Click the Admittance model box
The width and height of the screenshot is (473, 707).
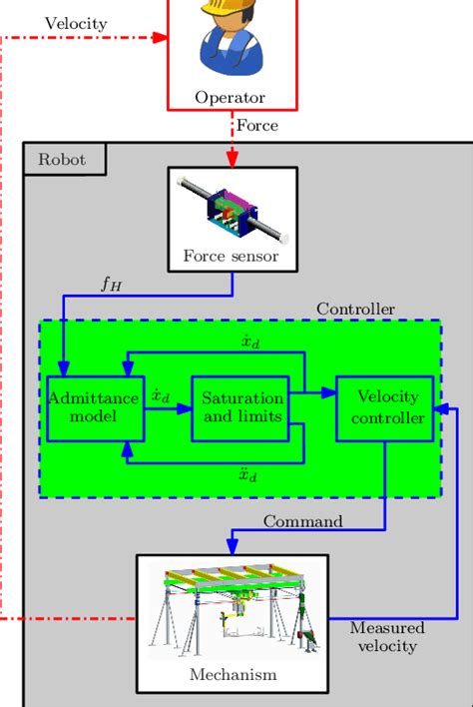point(95,407)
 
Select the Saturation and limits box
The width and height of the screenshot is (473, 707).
point(239,407)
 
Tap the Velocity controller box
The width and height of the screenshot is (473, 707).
point(384,407)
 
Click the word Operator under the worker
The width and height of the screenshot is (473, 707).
point(231,98)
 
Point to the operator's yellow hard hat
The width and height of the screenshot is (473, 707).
point(231,8)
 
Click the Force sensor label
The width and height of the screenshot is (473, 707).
point(231,256)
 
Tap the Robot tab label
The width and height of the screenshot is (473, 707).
point(62,159)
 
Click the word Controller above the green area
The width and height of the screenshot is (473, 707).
point(355,309)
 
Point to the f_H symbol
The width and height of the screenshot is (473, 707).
point(112,283)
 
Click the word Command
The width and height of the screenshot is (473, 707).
point(303,520)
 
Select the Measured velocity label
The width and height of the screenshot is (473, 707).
point(387,637)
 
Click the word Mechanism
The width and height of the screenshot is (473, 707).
point(233,675)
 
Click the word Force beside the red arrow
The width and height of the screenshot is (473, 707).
point(256,126)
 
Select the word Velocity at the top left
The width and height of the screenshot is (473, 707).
point(76,22)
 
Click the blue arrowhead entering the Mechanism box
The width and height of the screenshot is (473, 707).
point(233,546)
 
